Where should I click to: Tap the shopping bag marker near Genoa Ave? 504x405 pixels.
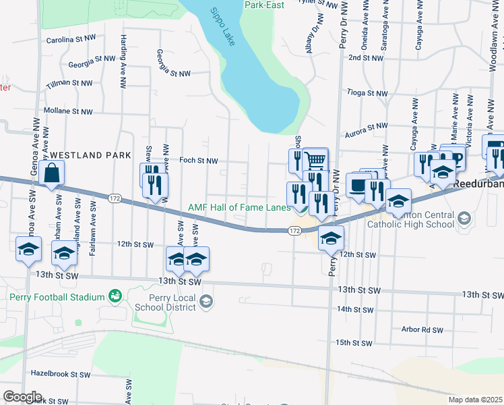click(x=52, y=174)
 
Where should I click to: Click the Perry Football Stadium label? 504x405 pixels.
click(x=57, y=297)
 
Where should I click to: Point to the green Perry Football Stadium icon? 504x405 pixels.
click(x=115, y=296)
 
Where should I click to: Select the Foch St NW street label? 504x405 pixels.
click(x=199, y=161)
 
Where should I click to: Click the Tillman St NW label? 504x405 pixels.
click(x=69, y=83)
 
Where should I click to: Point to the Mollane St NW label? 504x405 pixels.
click(x=67, y=111)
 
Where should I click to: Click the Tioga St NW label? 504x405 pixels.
click(x=367, y=92)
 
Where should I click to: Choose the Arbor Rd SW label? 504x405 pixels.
click(x=422, y=330)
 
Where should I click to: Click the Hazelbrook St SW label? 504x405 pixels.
click(x=61, y=374)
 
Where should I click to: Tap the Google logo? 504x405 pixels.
click(x=22, y=397)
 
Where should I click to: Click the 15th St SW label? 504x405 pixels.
click(x=354, y=343)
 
